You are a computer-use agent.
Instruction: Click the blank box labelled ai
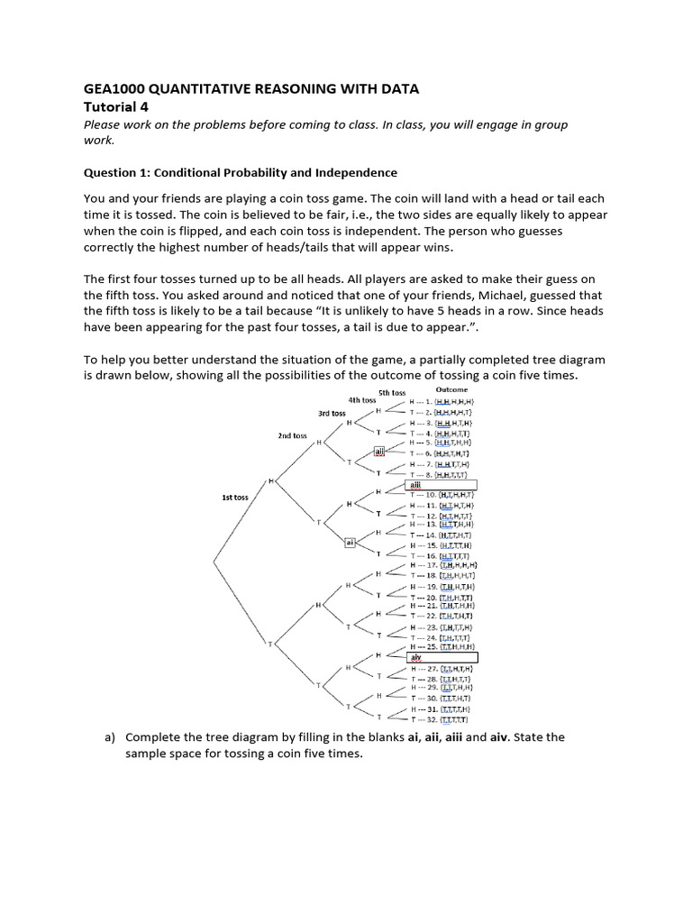[351, 542]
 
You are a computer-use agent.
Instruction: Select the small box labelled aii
[379, 452]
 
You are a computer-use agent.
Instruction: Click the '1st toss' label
[234, 497]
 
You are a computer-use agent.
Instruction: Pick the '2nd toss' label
[292, 435]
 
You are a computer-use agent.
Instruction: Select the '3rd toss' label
[332, 413]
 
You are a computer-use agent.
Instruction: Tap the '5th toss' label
[392, 392]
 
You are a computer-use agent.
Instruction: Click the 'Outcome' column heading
[452, 389]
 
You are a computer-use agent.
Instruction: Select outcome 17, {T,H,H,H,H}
[442, 565]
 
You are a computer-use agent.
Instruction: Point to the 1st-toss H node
[271, 482]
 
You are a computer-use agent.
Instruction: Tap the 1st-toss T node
[269, 643]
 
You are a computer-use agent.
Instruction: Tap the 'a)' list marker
[110, 736]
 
